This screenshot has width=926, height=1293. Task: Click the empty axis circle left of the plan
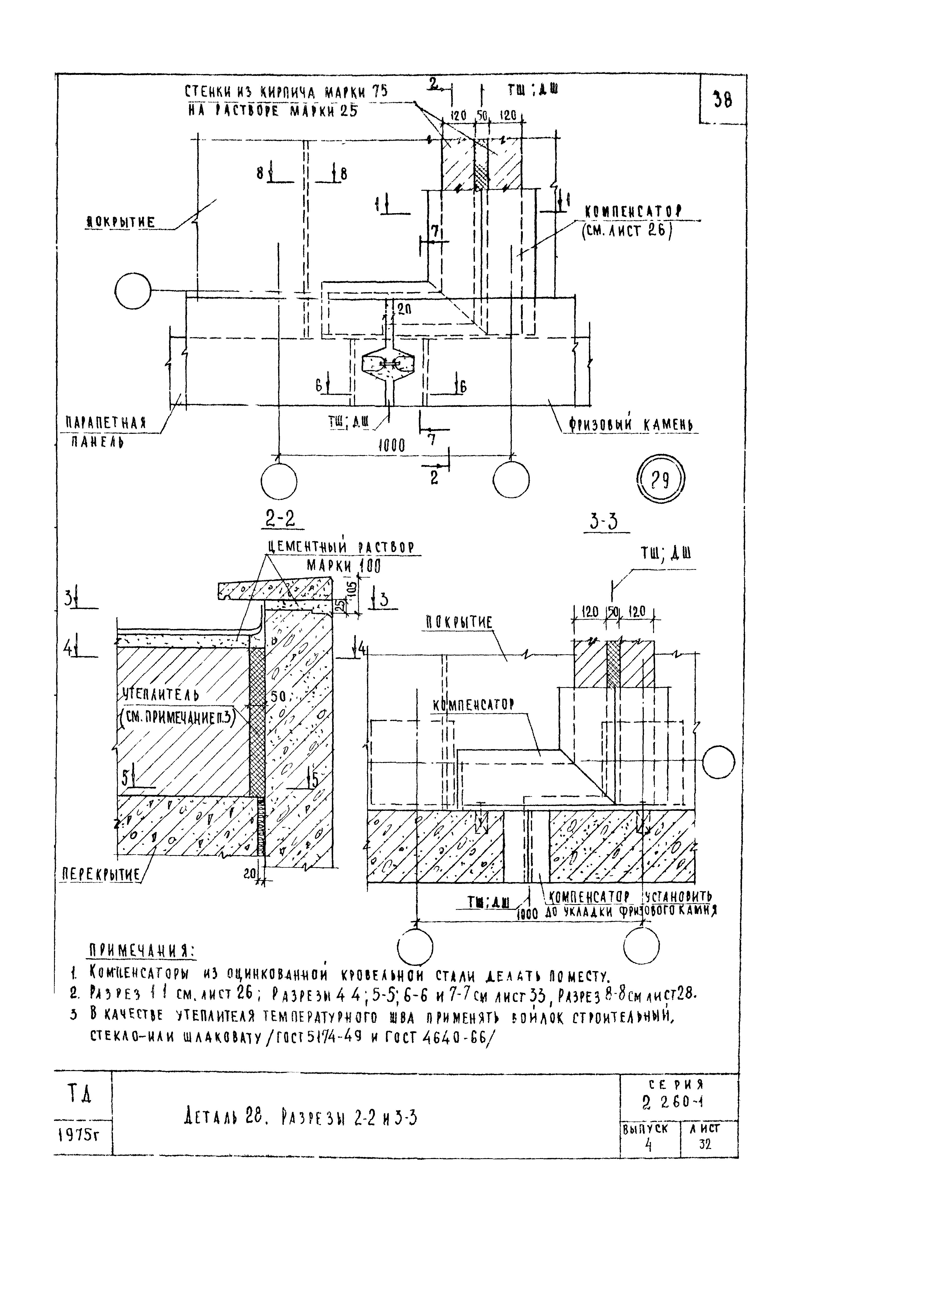(x=132, y=292)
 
